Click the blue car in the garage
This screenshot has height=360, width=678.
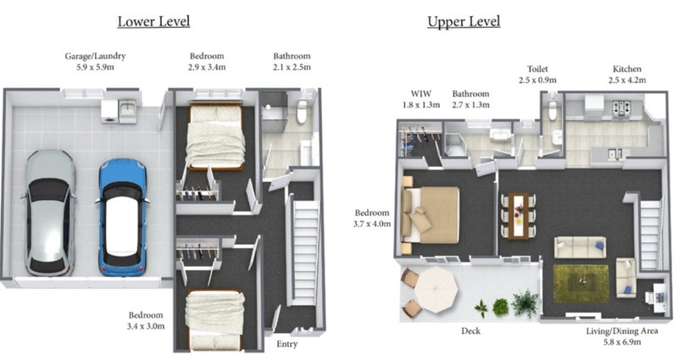click(123, 218)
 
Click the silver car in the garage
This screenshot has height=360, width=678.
click(49, 213)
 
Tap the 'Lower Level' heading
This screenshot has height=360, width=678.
click(153, 22)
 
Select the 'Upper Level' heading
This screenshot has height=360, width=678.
click(464, 22)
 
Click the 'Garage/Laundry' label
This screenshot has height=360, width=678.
click(95, 56)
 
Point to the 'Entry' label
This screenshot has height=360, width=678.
click(286, 344)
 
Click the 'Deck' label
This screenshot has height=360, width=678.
click(470, 331)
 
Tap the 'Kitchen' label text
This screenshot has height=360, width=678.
click(627, 69)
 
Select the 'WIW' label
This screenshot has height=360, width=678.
click(420, 93)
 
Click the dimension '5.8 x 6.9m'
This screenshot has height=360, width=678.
click(622, 342)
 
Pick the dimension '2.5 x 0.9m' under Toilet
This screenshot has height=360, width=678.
click(537, 80)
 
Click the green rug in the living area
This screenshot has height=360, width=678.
click(581, 284)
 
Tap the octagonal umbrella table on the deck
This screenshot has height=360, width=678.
click(436, 290)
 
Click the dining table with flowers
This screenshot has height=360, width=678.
click(519, 216)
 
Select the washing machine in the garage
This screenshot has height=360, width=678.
click(109, 112)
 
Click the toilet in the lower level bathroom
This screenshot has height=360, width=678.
click(302, 110)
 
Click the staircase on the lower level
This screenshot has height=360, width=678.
click(305, 252)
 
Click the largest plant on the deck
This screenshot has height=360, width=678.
click(525, 302)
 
